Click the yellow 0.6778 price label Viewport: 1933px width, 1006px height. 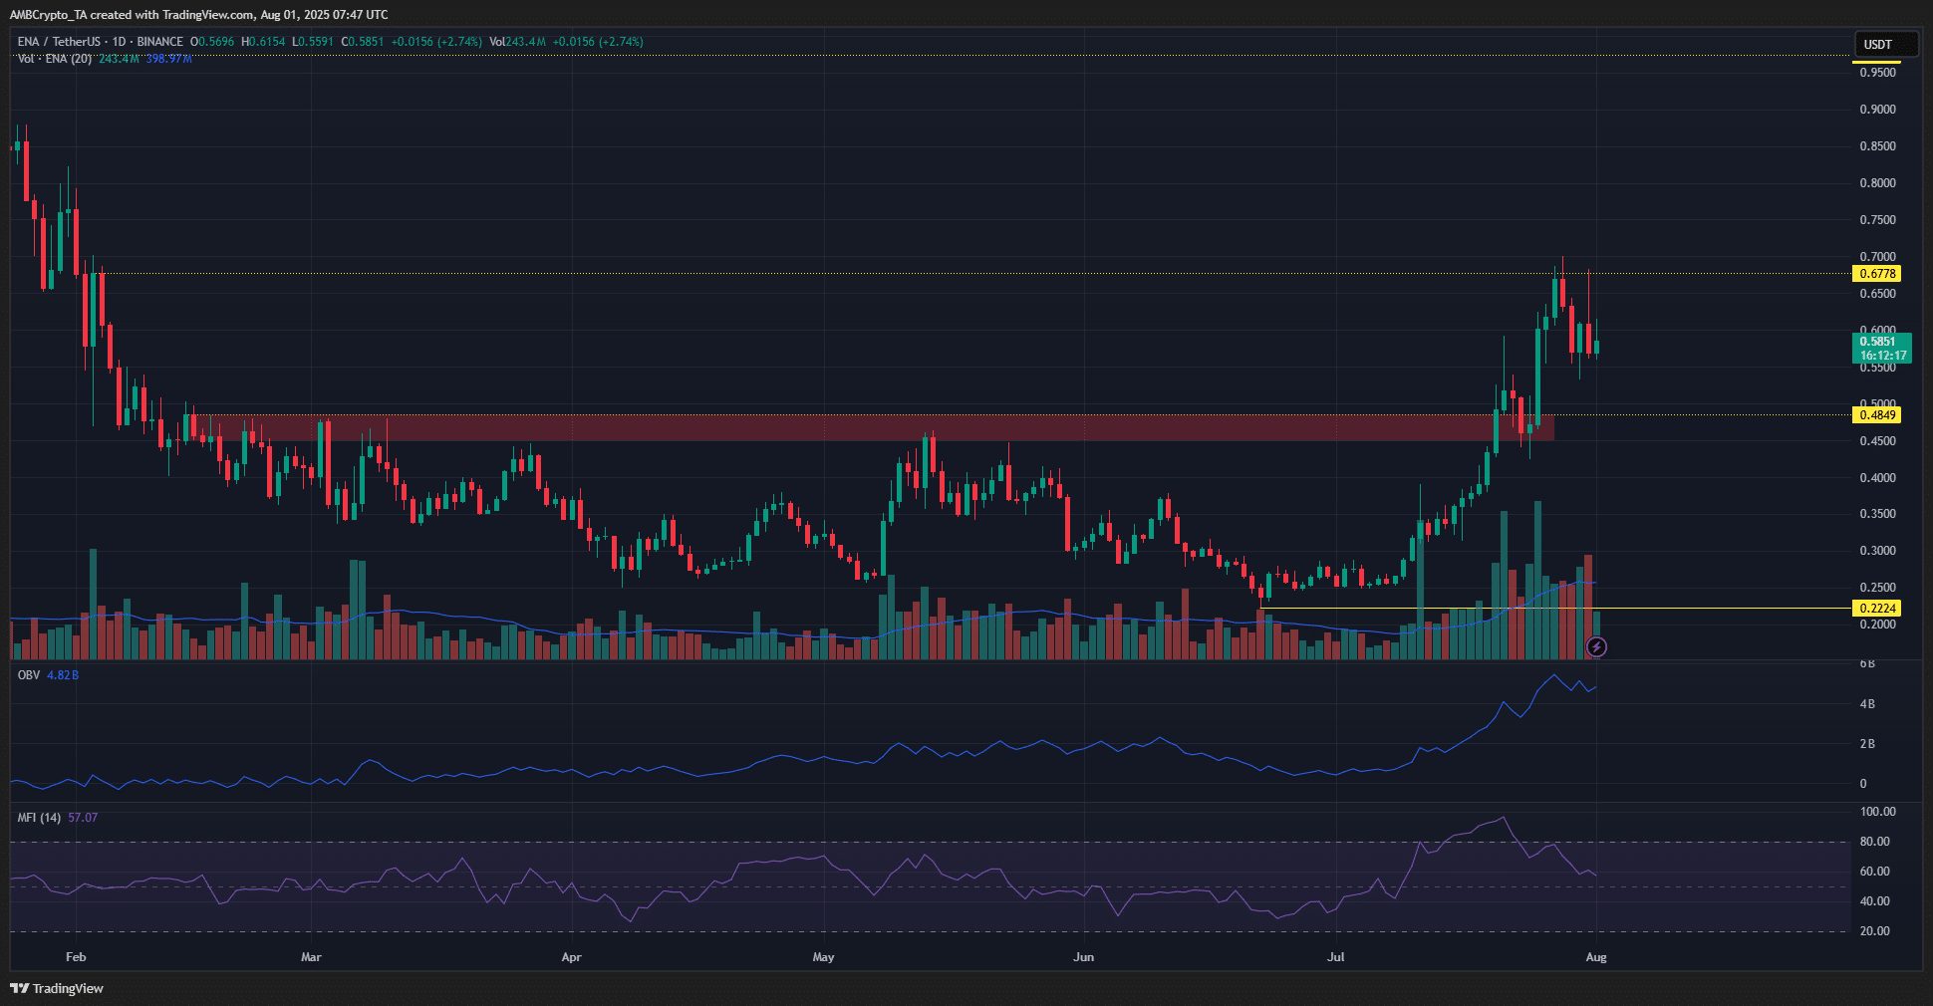pyautogui.click(x=1876, y=274)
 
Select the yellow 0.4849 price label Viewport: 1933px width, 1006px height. pyautogui.click(x=1876, y=415)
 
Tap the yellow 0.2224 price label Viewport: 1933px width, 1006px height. pyautogui.click(x=1876, y=609)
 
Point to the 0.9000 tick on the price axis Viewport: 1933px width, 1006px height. pyautogui.click(x=1877, y=110)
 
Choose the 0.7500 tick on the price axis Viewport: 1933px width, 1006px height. pyautogui.click(x=1877, y=220)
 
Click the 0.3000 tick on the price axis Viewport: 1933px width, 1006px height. pyautogui.click(x=1877, y=551)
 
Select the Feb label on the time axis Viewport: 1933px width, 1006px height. pyautogui.click(x=76, y=957)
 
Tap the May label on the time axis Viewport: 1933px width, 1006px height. pyautogui.click(x=823, y=957)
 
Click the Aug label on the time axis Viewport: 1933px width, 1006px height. pyautogui.click(x=1596, y=957)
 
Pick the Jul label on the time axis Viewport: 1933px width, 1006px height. pyautogui.click(x=1335, y=957)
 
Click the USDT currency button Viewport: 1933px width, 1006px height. pyautogui.click(x=1878, y=45)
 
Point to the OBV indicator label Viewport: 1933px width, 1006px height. pyautogui.click(x=29, y=675)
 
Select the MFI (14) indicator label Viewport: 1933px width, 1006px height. pyautogui.click(x=39, y=818)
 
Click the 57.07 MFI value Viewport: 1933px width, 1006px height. pyautogui.click(x=83, y=818)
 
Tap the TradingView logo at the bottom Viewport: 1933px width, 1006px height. pyautogui.click(x=57, y=988)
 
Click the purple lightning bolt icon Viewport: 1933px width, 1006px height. pyautogui.click(x=1596, y=647)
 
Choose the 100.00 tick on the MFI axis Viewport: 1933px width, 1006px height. pyautogui.click(x=1877, y=812)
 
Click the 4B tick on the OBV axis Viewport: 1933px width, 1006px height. pyautogui.click(x=1867, y=704)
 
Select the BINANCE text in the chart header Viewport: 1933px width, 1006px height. pyautogui.click(x=159, y=42)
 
